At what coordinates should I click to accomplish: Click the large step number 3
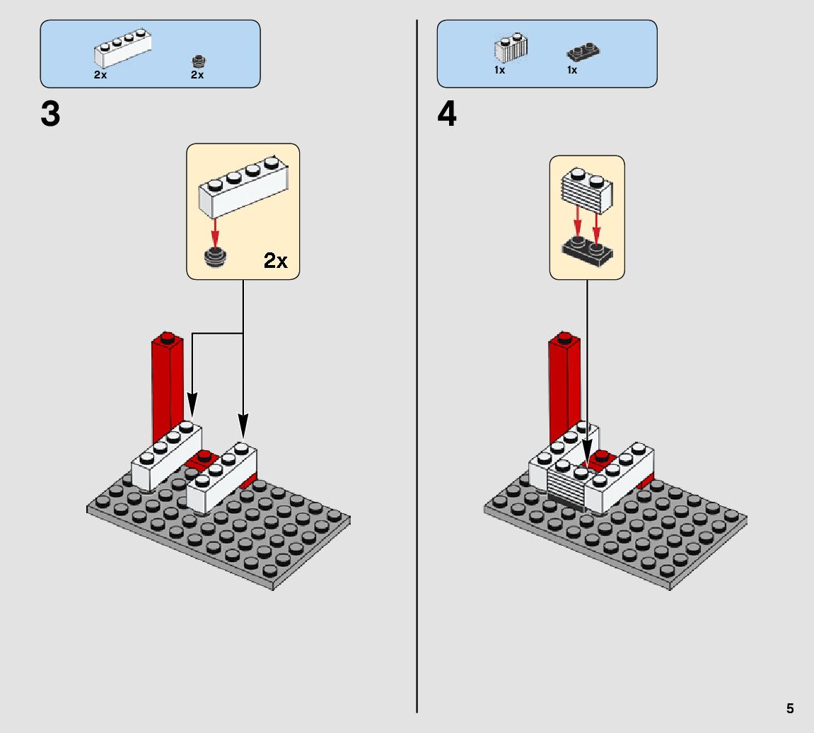50,115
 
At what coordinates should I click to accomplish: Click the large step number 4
447,115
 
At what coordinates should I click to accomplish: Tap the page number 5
790,708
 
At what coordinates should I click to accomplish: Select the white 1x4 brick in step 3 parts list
122,49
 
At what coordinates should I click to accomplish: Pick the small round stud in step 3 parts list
199,61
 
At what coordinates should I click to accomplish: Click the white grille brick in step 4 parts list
511,49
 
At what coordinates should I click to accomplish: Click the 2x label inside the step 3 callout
276,261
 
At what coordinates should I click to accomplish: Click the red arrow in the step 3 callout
214,233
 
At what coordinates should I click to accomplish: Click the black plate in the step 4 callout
587,252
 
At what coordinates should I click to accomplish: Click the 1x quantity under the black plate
571,71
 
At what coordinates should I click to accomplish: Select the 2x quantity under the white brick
100,75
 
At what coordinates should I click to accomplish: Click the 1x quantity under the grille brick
499,71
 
